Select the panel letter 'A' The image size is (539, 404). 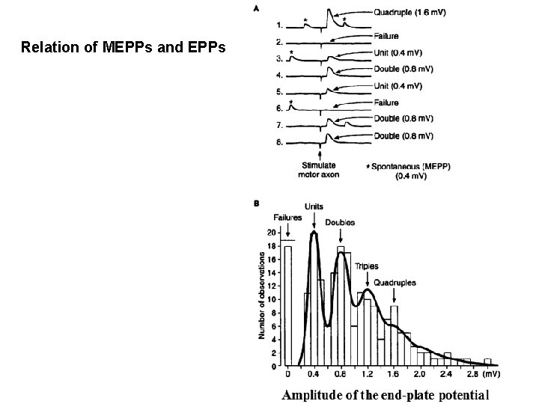pos(259,10)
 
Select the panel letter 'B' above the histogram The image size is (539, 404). pos(259,202)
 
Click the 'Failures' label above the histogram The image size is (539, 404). pos(287,218)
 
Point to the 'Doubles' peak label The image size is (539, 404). pos(341,222)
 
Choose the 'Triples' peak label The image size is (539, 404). pos(367,266)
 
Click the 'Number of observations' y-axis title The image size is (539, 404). pos(262,295)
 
